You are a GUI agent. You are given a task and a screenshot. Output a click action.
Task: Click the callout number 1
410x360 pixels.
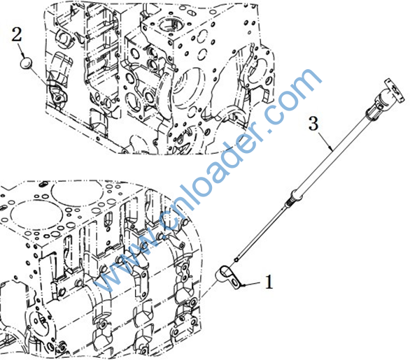[269, 282]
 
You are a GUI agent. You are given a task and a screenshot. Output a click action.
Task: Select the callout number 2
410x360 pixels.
[17, 34]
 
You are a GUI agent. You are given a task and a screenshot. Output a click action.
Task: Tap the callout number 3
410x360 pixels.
[313, 123]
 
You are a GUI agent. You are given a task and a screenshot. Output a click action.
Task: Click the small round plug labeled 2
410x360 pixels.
[26, 64]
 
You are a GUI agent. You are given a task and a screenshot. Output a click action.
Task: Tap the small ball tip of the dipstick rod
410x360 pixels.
[237, 259]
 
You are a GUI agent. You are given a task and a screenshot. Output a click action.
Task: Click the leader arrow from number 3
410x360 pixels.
[326, 142]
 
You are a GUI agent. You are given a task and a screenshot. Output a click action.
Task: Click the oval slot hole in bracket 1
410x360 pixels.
[236, 283]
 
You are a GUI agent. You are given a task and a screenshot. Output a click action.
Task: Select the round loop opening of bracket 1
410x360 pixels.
[225, 271]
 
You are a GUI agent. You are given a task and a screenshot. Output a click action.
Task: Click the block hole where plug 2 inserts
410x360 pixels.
[58, 98]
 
